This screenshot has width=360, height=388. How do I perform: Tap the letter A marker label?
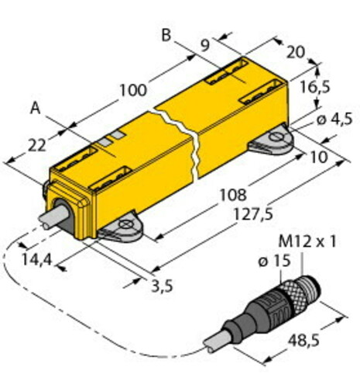(35, 108)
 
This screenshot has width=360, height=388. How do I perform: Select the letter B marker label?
(165, 34)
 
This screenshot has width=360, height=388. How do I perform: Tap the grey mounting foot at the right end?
(272, 141)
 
